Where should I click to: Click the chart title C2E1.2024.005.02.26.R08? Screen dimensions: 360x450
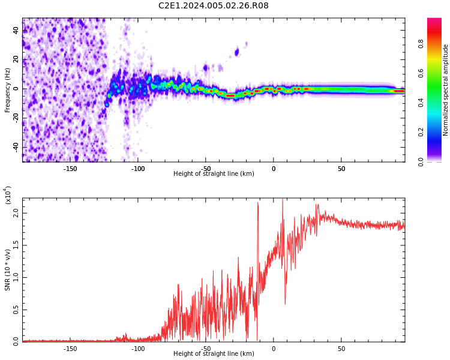(x=213, y=6)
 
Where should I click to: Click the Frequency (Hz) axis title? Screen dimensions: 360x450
(x=8, y=89)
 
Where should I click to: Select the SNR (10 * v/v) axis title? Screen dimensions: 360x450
(x=8, y=270)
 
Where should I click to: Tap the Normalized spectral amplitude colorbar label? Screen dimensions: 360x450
(x=446, y=90)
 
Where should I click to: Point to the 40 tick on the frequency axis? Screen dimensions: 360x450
(x=16, y=30)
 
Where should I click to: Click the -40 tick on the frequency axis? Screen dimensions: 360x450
(x=15, y=147)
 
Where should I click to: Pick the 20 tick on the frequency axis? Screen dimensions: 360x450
(x=16, y=59)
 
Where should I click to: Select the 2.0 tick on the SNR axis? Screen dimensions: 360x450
(x=16, y=213)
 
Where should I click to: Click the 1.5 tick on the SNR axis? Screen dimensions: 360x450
(x=16, y=245)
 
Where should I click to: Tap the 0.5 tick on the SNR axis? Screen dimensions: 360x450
(x=16, y=309)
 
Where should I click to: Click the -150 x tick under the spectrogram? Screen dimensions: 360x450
(x=70, y=168)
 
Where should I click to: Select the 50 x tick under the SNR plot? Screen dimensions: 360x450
(x=341, y=348)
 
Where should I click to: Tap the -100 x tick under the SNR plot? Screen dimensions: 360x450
(x=138, y=348)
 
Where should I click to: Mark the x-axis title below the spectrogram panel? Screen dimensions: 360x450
(x=214, y=174)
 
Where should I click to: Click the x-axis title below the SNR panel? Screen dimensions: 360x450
(x=214, y=354)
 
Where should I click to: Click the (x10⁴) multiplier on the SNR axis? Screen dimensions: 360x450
(x=8, y=194)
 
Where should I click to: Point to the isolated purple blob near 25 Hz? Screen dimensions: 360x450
(x=236, y=52)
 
